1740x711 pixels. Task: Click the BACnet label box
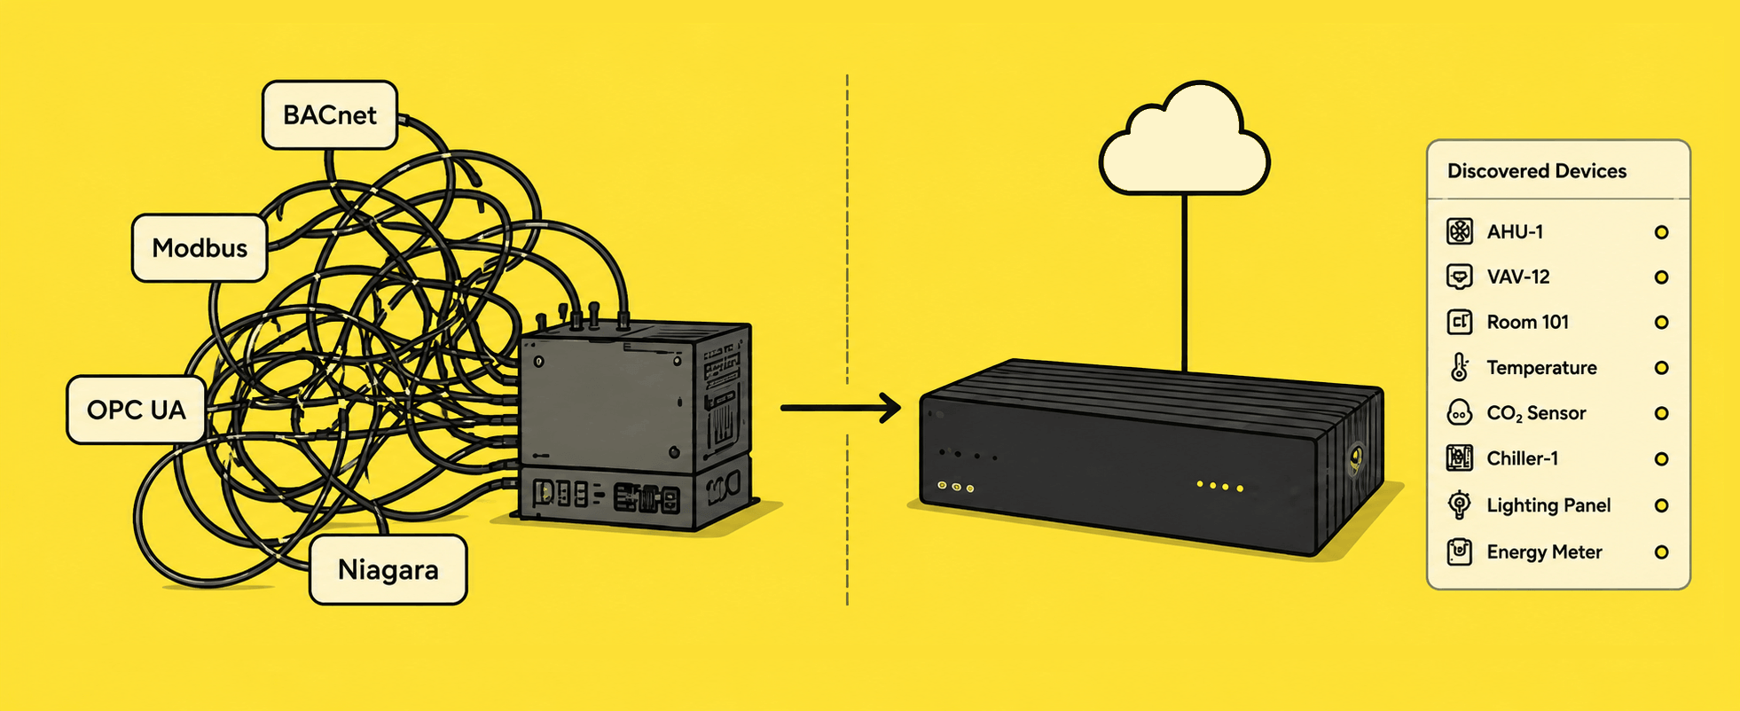(x=330, y=115)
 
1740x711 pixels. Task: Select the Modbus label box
(x=200, y=247)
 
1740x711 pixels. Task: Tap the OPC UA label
(x=137, y=410)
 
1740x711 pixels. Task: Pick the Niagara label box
(x=388, y=569)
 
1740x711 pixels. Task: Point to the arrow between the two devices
(x=841, y=408)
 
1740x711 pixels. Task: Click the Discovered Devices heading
(x=1537, y=171)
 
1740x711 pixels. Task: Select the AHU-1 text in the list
(x=1515, y=231)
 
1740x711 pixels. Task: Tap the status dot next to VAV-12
(x=1662, y=277)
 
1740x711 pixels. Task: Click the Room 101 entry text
(x=1528, y=322)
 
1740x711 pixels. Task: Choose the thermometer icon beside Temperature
(x=1460, y=367)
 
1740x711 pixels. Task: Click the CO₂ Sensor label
(x=1536, y=413)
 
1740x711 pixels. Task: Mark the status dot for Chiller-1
(x=1662, y=459)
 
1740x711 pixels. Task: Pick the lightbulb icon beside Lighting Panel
(x=1459, y=504)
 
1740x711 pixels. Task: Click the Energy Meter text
(x=1544, y=551)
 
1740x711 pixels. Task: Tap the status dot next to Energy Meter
(x=1662, y=552)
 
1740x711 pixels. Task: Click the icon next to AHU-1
(x=1460, y=231)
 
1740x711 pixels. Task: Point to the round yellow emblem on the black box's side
(x=1355, y=457)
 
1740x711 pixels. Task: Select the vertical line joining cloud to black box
(x=1184, y=282)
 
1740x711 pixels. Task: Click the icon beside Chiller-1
(x=1460, y=458)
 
